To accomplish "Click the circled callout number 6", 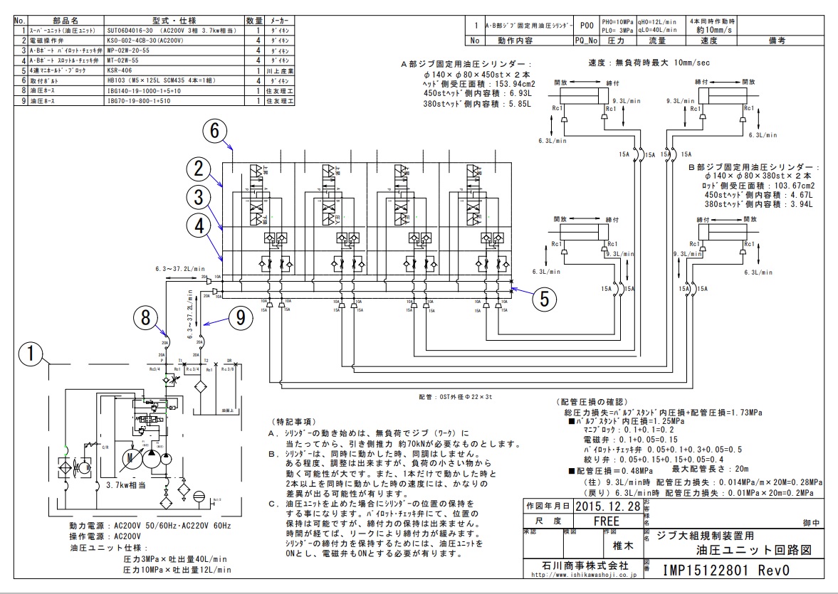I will [x=216, y=130].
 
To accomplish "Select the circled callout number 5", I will [x=545, y=299].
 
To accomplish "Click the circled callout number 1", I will [x=28, y=355].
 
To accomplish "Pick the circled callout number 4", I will [x=200, y=226].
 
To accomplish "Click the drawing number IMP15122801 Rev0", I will [x=726, y=570].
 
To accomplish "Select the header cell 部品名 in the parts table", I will [x=68, y=21].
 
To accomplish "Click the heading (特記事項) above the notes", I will [x=294, y=422].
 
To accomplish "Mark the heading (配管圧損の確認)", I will [x=585, y=403].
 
